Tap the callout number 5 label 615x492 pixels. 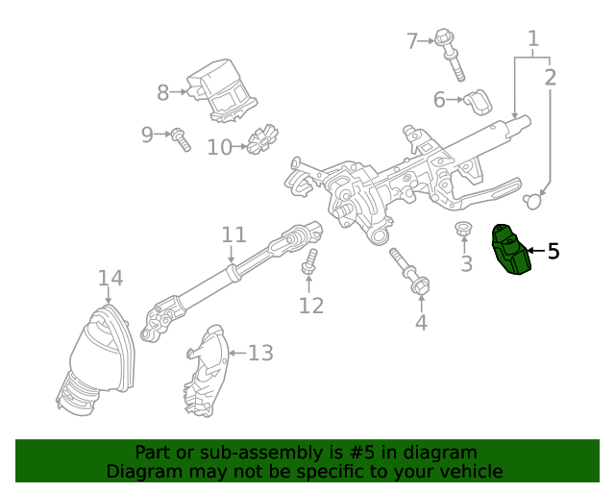[553, 252]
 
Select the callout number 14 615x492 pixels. [111, 279]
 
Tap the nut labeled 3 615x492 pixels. [464, 231]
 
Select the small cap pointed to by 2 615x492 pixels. [534, 200]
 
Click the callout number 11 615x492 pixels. [234, 234]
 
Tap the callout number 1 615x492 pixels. [532, 39]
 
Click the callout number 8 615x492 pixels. [163, 92]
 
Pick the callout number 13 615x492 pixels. [260, 354]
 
